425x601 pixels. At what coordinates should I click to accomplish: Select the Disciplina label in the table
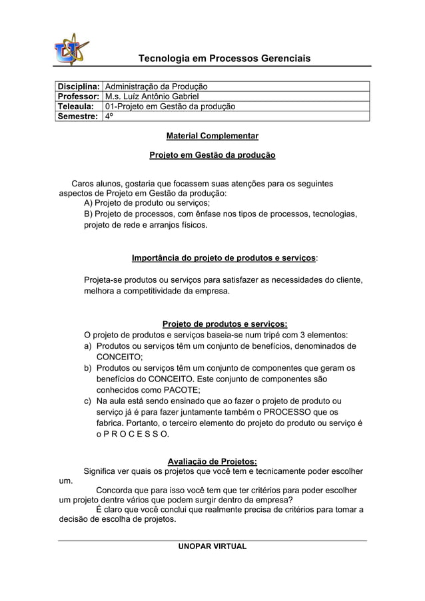click(x=79, y=87)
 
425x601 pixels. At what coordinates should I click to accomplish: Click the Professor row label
click(x=79, y=97)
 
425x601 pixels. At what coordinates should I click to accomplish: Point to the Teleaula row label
click(x=75, y=106)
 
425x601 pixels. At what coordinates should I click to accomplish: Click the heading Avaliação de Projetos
click(x=212, y=461)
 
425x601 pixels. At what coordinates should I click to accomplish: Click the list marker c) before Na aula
click(x=88, y=401)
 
